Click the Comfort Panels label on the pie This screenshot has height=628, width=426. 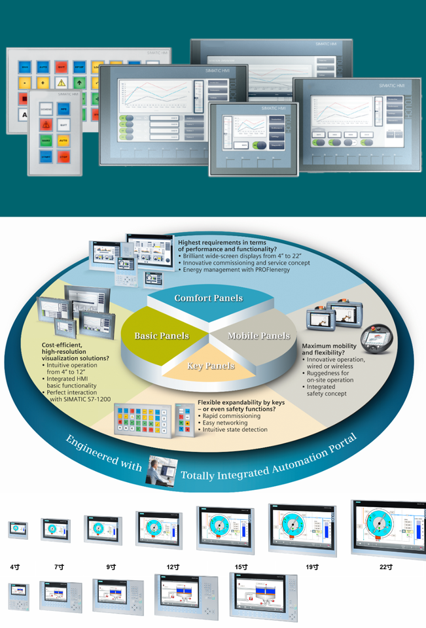tap(208, 298)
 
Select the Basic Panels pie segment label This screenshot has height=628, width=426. tap(161, 336)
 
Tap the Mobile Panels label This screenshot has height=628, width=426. tap(258, 336)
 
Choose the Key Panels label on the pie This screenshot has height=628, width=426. tap(211, 366)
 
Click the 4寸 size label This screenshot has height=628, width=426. tap(15, 567)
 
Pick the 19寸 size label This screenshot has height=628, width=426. tap(312, 567)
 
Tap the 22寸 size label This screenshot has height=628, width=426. tap(385, 567)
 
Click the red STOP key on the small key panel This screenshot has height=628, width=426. tap(63, 157)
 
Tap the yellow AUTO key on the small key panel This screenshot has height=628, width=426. tap(63, 140)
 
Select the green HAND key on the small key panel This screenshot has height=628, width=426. tap(46, 140)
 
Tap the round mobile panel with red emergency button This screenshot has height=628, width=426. tap(382, 340)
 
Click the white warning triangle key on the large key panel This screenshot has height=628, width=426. tap(61, 83)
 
